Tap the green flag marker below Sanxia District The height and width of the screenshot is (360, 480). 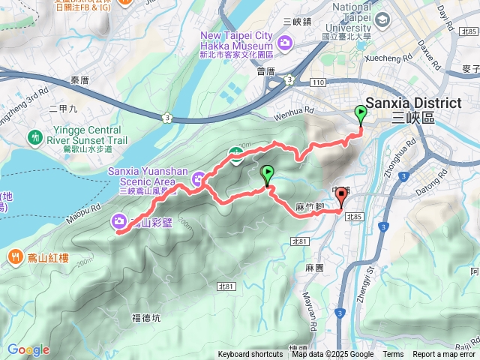pos(360,115)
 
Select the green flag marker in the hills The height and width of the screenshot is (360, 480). pos(267,175)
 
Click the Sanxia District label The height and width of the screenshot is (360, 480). pos(412,105)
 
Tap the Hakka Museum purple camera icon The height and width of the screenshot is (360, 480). pos(285,44)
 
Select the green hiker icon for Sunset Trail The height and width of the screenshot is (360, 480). pos(34,137)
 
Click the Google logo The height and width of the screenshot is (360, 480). pos(28,349)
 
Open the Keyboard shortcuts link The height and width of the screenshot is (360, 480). pos(250,355)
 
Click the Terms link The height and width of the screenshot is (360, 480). pos(393,355)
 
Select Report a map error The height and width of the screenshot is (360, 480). pos(444,355)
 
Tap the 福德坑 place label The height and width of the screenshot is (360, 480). pos(146,317)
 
